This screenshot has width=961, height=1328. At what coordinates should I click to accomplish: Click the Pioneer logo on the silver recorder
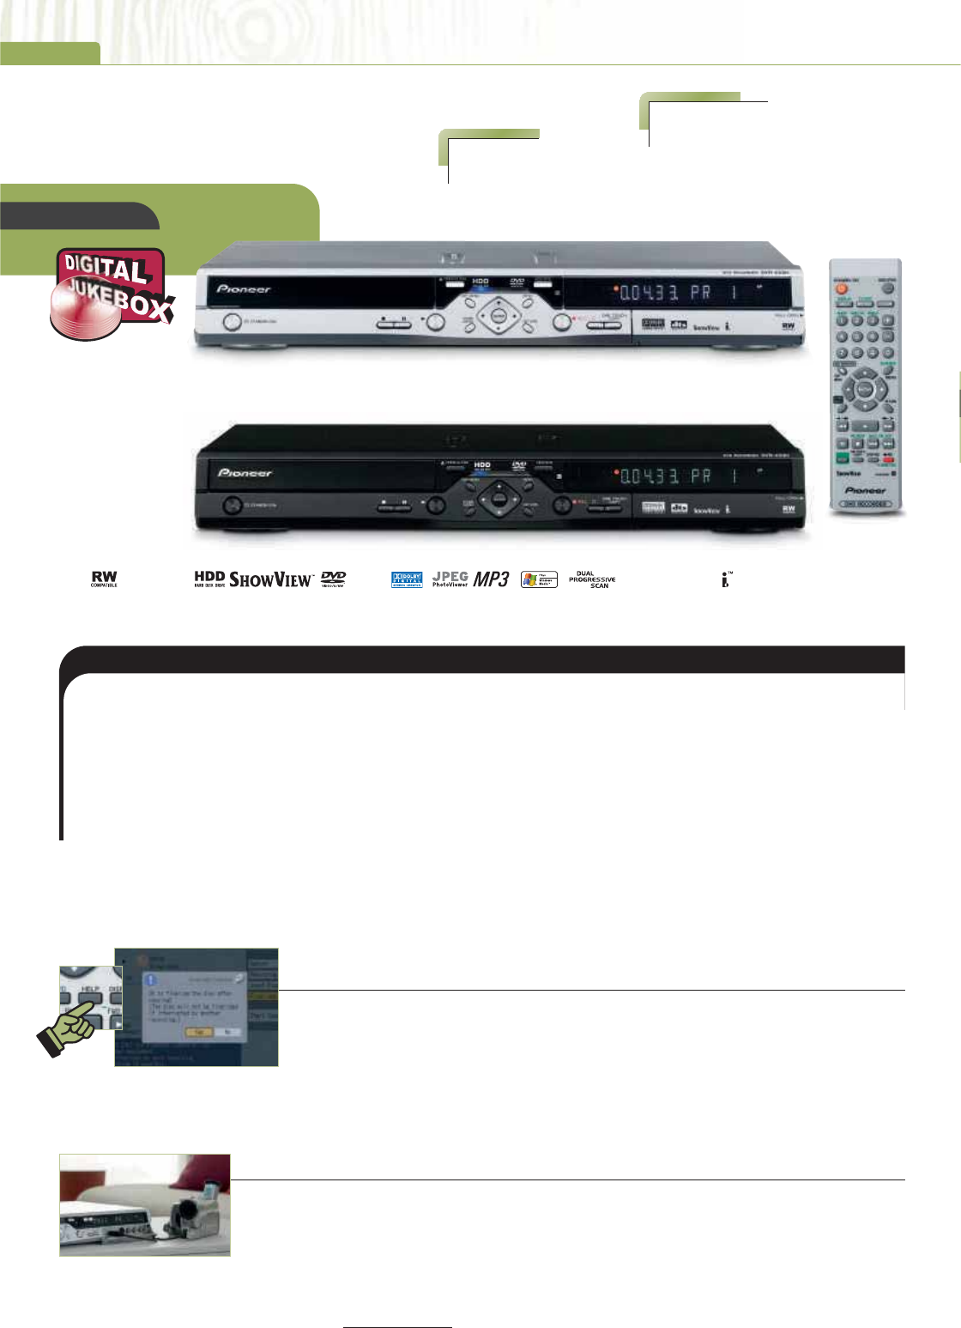click(x=244, y=289)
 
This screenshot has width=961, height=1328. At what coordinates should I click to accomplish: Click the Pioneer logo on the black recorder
click(x=245, y=473)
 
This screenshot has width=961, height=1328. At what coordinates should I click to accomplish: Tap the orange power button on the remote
click(x=842, y=288)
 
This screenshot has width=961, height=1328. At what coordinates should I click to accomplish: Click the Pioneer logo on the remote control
click(x=865, y=490)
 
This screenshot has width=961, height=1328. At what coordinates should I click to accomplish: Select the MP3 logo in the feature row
click(x=493, y=579)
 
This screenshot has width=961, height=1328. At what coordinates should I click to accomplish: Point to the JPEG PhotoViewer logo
click(x=450, y=579)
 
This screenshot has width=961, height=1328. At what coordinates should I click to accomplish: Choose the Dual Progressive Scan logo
click(x=592, y=579)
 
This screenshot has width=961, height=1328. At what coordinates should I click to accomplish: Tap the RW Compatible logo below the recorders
click(x=104, y=579)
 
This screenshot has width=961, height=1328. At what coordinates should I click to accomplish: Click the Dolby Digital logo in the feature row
click(x=407, y=579)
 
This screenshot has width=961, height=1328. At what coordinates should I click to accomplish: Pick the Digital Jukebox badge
click(x=112, y=292)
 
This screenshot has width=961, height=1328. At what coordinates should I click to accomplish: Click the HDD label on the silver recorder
click(x=480, y=282)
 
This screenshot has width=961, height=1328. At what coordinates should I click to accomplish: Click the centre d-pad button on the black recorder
click(x=499, y=499)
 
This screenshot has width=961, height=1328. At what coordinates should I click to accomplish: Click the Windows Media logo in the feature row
click(x=539, y=579)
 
